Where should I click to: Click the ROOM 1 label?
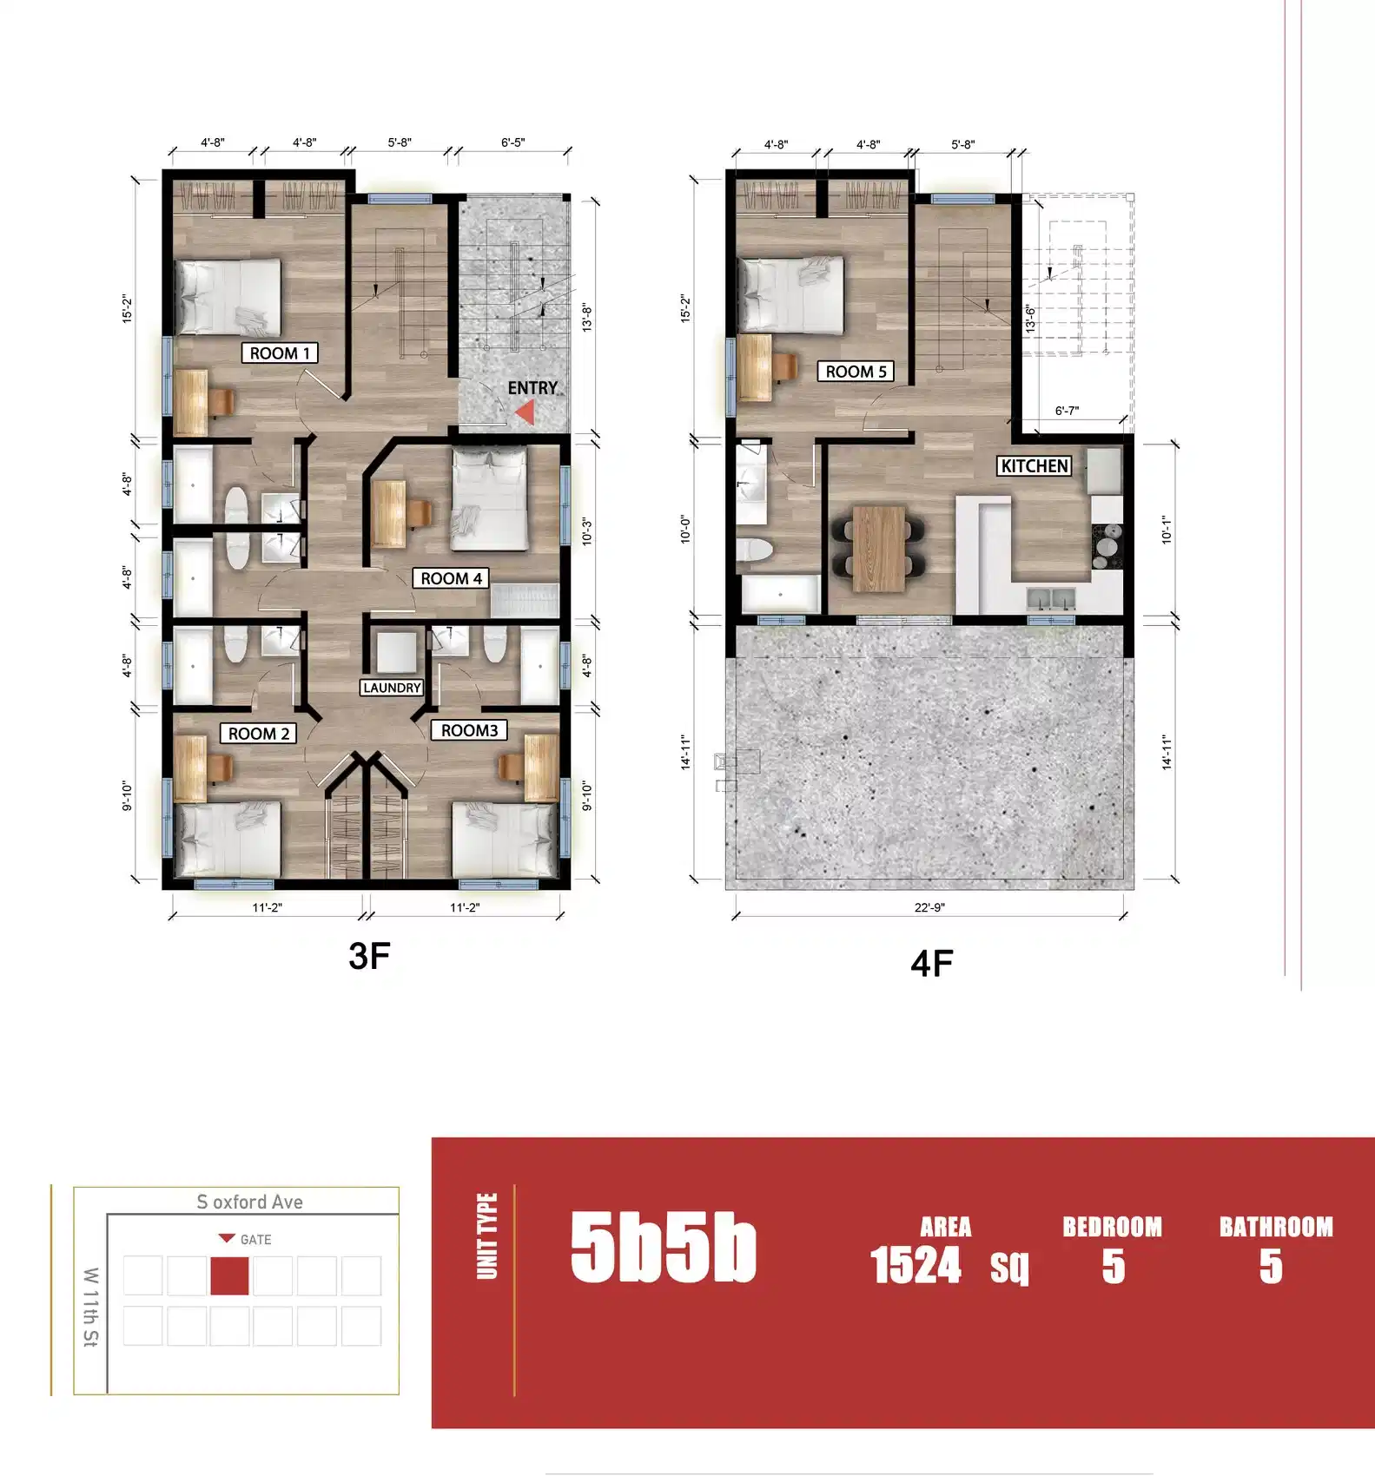pos(280,353)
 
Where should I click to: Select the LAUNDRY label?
pos(392,688)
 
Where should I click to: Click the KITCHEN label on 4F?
pos(1034,466)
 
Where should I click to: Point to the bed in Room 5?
pos(790,294)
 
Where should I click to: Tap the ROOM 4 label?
pos(451,578)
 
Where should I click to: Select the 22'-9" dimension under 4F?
pos(929,907)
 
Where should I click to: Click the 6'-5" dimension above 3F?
pos(512,142)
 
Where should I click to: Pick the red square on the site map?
pos(229,1275)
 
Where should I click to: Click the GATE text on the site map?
pos(255,1240)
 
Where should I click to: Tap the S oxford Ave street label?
pos(249,1202)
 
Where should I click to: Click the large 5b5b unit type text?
pos(663,1248)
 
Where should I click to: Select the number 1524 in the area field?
pos(916,1265)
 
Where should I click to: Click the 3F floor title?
pos(369,956)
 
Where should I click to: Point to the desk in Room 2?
pos(190,768)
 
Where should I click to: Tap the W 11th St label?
pos(90,1307)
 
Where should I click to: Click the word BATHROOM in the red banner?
pos(1275,1227)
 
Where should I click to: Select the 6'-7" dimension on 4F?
pos(1067,411)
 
